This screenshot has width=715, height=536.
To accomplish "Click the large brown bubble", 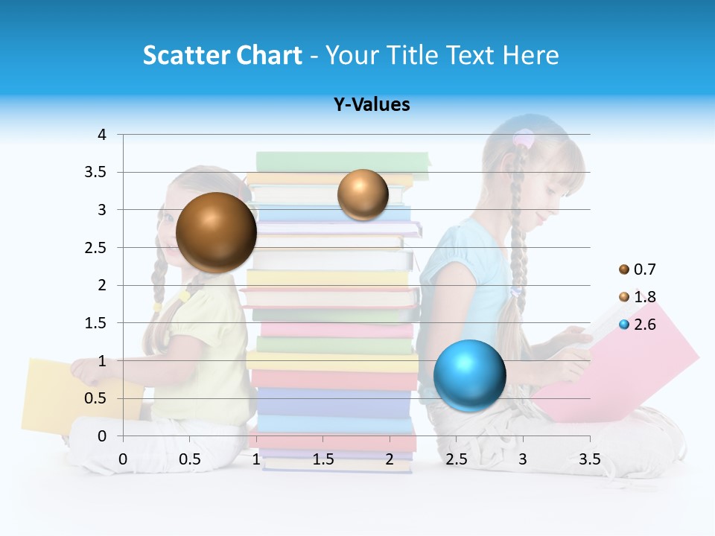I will (x=216, y=232).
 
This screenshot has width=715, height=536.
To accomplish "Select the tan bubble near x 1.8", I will (x=363, y=195).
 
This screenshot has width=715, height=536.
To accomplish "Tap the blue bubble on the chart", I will (x=469, y=374).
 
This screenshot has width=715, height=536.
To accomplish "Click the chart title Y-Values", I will (x=372, y=105).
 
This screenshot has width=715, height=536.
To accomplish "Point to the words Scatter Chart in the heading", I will (x=222, y=55).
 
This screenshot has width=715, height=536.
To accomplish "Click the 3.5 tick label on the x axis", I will (x=589, y=459).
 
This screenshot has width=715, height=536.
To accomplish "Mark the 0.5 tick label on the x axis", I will (x=189, y=459).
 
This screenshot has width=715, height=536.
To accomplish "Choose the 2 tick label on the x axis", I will (x=390, y=459).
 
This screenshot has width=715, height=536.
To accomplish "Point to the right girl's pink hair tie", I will (x=524, y=139).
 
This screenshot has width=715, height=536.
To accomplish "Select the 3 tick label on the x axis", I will (x=522, y=459).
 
